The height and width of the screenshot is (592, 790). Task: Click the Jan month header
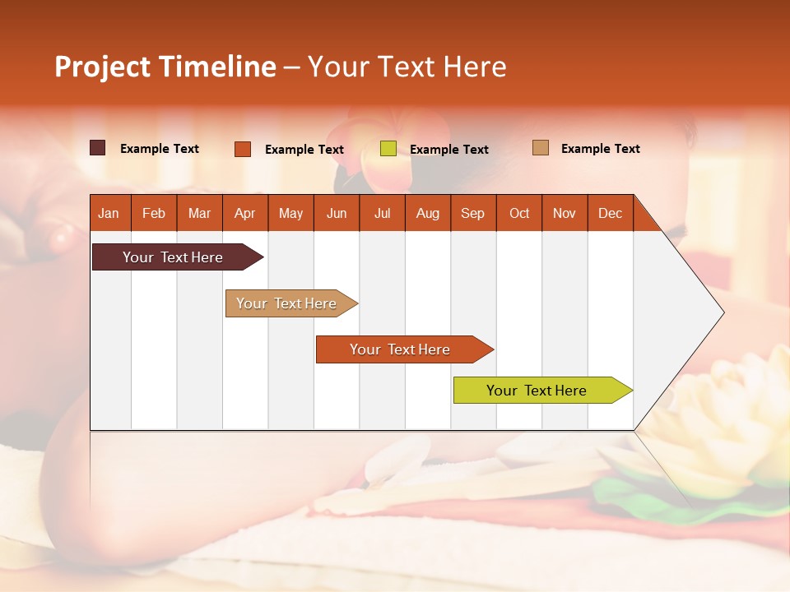pyautogui.click(x=109, y=213)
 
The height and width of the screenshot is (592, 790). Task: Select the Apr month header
pyautogui.click(x=245, y=213)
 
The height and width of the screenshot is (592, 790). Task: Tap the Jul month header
pyautogui.click(x=383, y=213)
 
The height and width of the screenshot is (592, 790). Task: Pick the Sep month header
pyautogui.click(x=472, y=213)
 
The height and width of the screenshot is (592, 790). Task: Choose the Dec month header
pyautogui.click(x=610, y=213)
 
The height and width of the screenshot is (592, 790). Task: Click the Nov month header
pyautogui.click(x=565, y=213)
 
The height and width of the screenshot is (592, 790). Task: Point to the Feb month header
pyautogui.click(x=154, y=213)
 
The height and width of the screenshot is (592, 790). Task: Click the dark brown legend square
pyautogui.click(x=98, y=148)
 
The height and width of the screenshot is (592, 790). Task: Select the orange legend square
pyautogui.click(x=243, y=149)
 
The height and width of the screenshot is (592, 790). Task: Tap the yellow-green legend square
pyautogui.click(x=388, y=149)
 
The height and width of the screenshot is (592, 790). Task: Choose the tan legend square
pyautogui.click(x=541, y=148)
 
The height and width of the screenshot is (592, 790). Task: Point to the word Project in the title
pyautogui.click(x=101, y=67)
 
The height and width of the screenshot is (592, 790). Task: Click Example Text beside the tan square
pyautogui.click(x=600, y=149)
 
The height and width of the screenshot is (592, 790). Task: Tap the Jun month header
pyautogui.click(x=337, y=213)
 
